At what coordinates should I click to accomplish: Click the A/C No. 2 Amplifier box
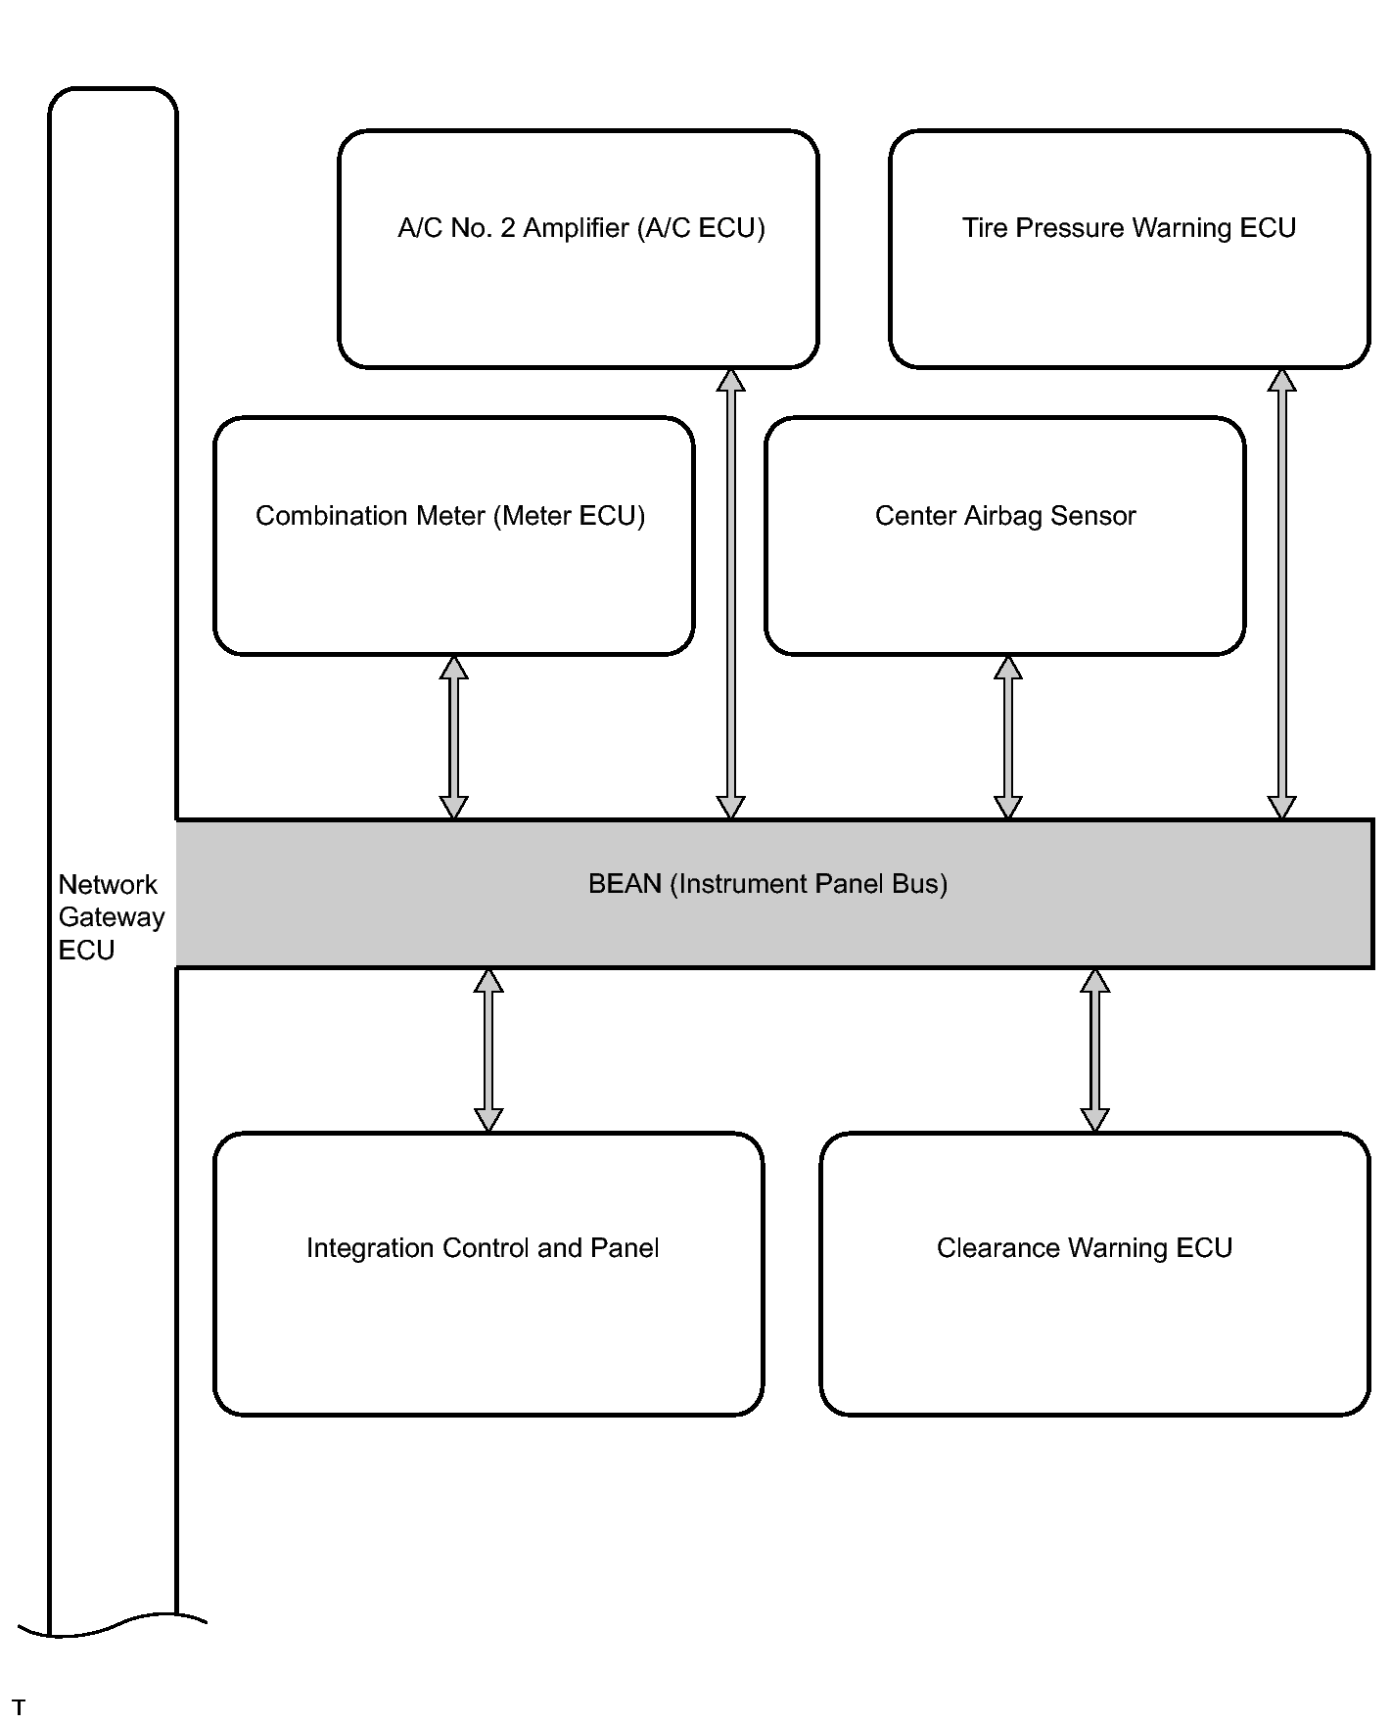[x=579, y=249]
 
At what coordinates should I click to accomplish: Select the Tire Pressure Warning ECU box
[x=1130, y=249]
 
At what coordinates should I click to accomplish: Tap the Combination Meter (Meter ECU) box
[x=454, y=536]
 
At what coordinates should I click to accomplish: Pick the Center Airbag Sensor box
[x=1005, y=536]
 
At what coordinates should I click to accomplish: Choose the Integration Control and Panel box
[x=488, y=1274]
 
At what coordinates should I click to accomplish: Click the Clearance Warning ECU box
[x=1094, y=1274]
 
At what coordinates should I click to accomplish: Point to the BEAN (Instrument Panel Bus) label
[x=767, y=884]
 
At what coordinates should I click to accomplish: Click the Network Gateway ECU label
[x=112, y=917]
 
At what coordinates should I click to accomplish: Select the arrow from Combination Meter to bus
[x=453, y=737]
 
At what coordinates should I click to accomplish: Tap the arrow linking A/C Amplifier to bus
[x=731, y=594]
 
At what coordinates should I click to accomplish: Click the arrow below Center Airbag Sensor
[x=1008, y=737]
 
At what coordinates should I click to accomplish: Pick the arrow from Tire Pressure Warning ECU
[x=1282, y=594]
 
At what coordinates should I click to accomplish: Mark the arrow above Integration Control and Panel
[x=488, y=1050]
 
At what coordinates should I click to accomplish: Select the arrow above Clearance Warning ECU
[x=1095, y=1050]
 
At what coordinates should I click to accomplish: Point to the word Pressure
[x=1070, y=229]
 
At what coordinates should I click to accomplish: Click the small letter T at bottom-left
[x=19, y=1707]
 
